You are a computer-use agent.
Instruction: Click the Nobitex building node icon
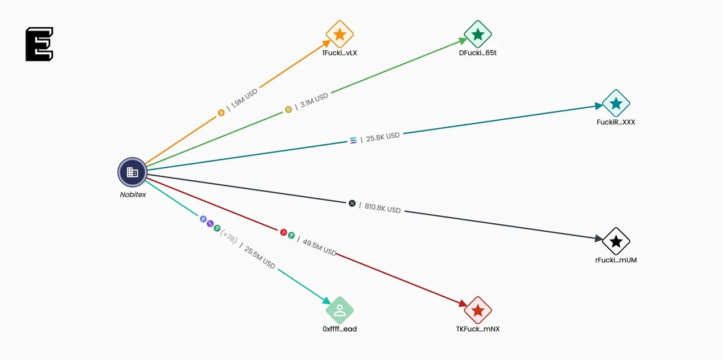tap(132, 172)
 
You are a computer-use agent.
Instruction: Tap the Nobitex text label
tap(133, 194)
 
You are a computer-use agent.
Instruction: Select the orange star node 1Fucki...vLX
tap(339, 34)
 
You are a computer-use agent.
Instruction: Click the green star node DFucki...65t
tap(478, 34)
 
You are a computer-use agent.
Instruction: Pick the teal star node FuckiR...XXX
tap(616, 103)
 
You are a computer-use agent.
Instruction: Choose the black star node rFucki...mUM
tap(616, 242)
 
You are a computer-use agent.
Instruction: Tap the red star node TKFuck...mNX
tap(478, 310)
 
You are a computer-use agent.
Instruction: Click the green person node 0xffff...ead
tap(339, 310)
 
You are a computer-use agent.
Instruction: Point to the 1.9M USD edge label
tap(244, 98)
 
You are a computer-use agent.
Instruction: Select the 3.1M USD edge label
tap(314, 101)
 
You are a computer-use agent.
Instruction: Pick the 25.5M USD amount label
tap(260, 257)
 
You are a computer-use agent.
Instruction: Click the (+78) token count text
tap(228, 236)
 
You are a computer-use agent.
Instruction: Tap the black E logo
tap(40, 44)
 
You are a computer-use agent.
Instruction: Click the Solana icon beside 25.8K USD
tap(354, 140)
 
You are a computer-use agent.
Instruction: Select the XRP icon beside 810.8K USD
tap(352, 203)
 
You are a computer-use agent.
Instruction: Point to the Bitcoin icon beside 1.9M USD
tap(221, 113)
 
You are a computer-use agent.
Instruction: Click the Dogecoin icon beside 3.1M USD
tap(288, 110)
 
